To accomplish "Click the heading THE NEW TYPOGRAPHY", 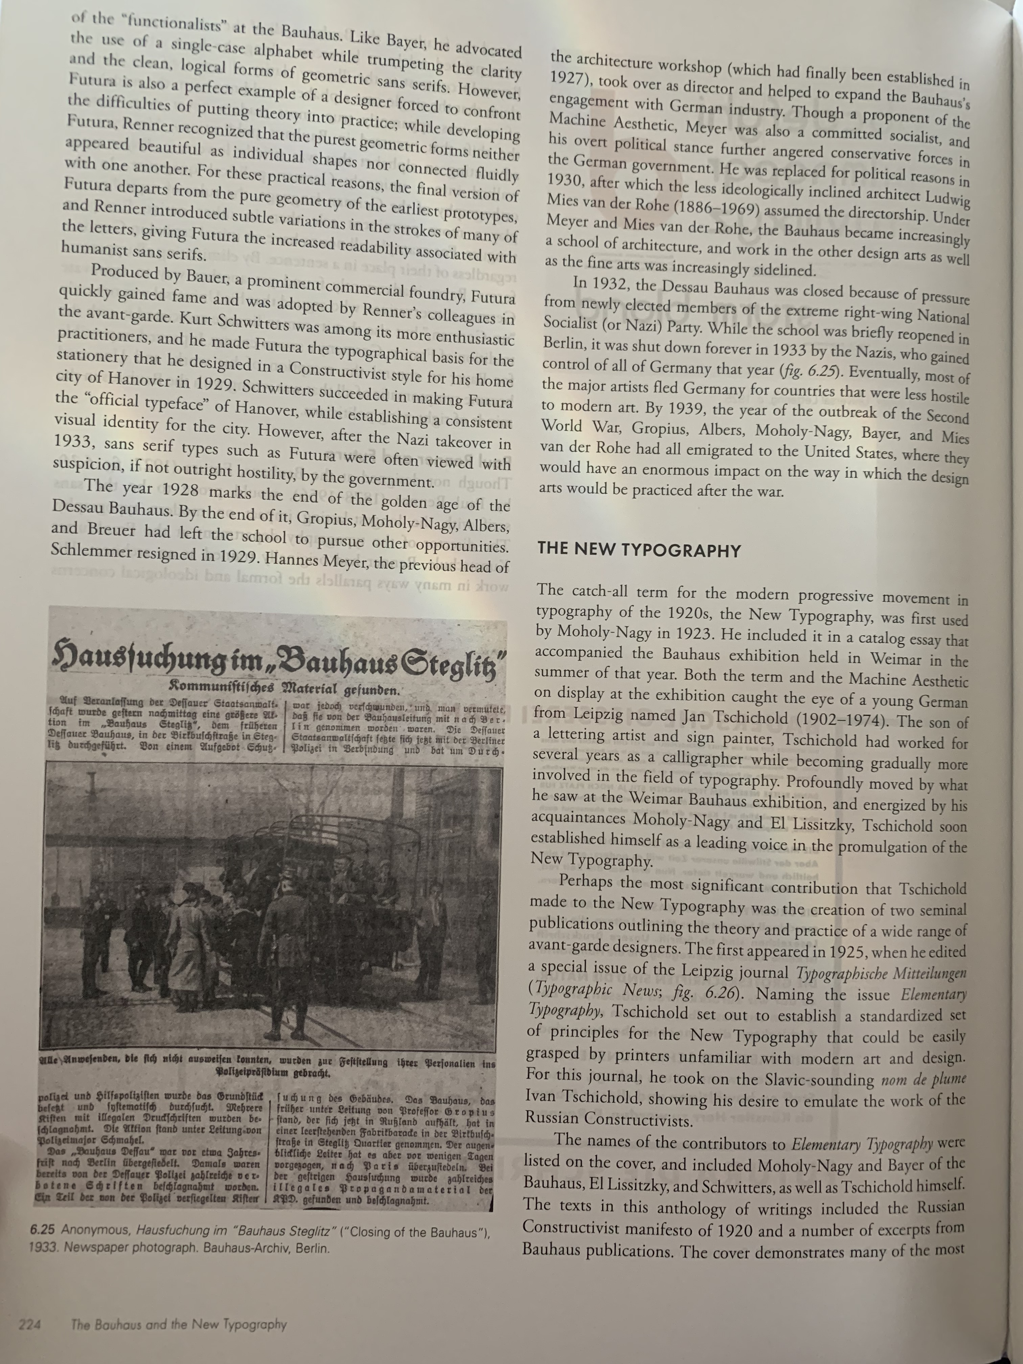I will click(639, 550).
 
